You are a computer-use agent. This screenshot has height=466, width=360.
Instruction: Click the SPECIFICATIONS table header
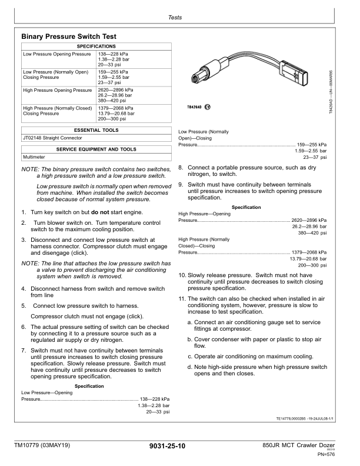tap(96, 46)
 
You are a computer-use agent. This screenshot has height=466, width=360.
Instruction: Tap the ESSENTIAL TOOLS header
tap(96, 129)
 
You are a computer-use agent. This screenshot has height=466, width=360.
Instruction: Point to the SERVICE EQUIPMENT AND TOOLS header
tap(96, 149)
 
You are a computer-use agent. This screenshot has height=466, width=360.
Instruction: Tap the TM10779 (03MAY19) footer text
tap(42, 447)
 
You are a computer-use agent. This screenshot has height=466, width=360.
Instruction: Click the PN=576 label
tap(326, 455)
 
